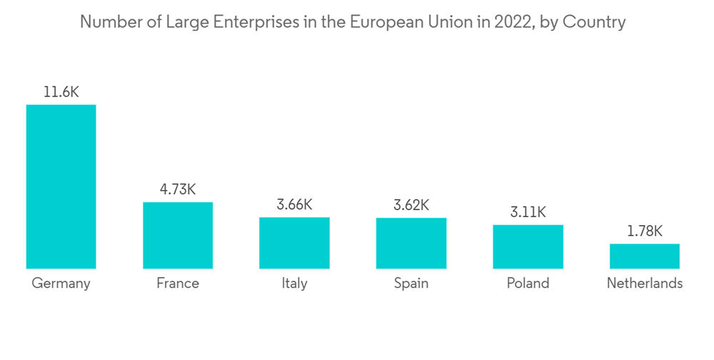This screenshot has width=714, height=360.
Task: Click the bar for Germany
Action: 61,186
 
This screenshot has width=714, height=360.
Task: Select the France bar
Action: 178,235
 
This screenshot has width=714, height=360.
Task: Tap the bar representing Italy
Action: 294,243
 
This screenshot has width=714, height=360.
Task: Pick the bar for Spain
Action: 411,243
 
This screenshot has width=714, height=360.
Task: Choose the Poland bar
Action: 528,246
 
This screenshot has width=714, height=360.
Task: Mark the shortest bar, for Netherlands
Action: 645,256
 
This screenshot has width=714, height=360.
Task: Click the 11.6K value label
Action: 61,92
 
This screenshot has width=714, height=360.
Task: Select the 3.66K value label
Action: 294,204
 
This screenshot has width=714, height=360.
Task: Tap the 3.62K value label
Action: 411,205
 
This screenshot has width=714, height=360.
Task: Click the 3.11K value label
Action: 528,212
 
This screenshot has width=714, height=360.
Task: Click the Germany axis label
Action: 61,284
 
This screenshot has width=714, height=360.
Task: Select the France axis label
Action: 178,283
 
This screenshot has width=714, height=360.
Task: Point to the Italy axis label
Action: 294,284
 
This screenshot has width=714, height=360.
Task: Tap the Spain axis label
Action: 411,284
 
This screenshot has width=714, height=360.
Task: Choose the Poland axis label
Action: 528,283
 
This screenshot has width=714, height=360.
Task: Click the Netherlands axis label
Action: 645,283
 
